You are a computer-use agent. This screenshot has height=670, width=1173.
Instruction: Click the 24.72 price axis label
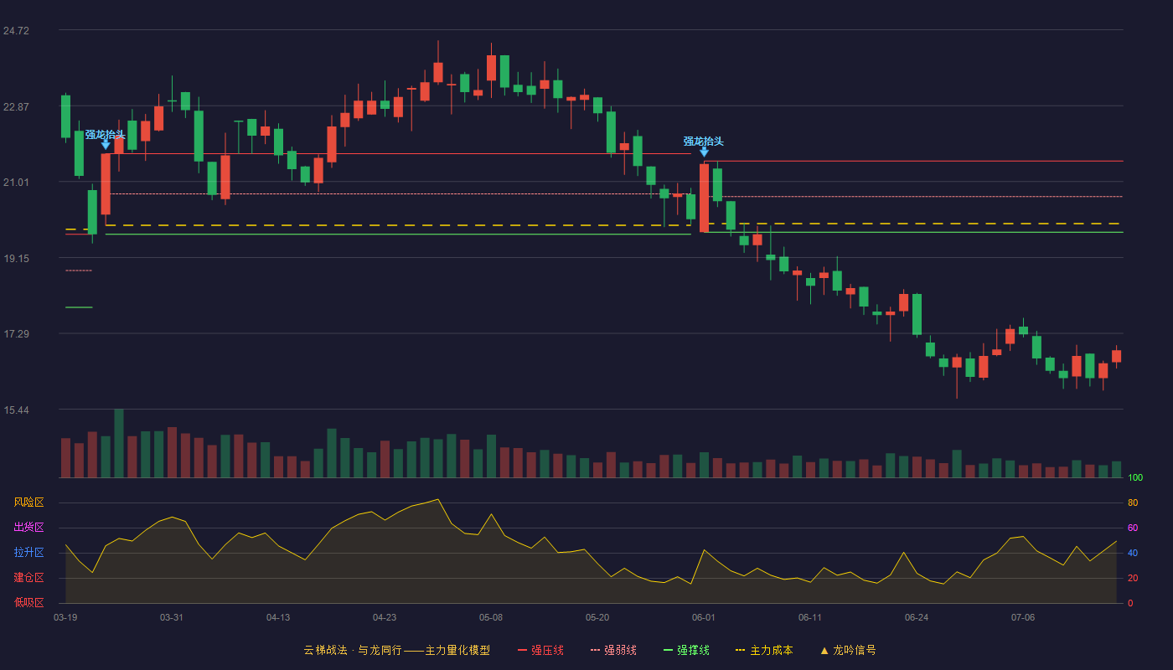point(16,31)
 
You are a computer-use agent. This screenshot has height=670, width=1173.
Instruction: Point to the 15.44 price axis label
point(16,410)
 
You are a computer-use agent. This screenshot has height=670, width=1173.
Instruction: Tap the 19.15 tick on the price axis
point(16,259)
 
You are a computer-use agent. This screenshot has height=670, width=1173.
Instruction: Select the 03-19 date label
point(65,618)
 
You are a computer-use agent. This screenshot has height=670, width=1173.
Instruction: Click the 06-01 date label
point(703,618)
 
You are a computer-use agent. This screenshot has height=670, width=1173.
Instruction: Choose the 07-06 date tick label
point(1023,618)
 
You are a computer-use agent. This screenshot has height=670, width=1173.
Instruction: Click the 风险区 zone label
point(28,502)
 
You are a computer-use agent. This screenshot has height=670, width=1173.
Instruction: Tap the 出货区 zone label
point(28,527)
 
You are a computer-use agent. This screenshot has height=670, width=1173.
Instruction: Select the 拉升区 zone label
point(28,552)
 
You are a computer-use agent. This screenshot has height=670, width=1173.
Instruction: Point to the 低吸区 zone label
point(28,602)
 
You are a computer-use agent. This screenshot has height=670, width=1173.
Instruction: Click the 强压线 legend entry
point(540,650)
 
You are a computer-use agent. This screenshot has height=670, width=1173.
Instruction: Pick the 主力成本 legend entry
point(764,650)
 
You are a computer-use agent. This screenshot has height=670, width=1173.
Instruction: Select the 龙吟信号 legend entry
point(848,650)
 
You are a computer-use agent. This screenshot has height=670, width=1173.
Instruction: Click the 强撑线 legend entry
point(686,650)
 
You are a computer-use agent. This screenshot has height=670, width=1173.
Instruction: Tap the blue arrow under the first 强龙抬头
point(106,144)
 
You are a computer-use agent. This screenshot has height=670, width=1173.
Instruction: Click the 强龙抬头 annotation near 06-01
point(703,142)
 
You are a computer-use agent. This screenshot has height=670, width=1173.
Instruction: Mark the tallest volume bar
point(119,443)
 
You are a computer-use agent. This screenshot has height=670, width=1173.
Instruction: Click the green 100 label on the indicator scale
point(1135,477)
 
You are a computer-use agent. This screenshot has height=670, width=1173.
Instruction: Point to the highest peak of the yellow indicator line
point(438,499)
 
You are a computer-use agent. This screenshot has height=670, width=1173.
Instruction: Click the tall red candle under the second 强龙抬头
point(705,198)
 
